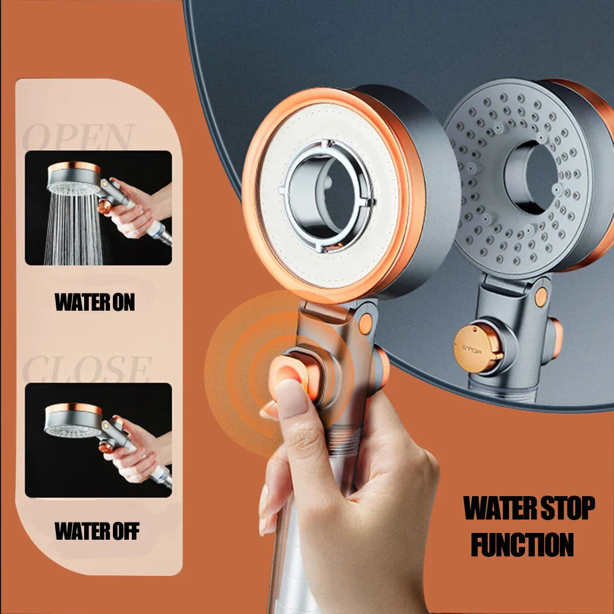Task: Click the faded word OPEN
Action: coord(79,137)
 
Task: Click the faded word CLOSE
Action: coord(86,369)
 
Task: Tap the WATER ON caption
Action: coord(95,302)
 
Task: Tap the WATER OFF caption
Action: coord(97,531)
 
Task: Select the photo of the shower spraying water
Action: coord(98,208)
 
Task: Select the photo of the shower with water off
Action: coord(98,440)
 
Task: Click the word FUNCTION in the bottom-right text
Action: coord(522,544)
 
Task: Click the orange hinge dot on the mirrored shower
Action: coord(541,297)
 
